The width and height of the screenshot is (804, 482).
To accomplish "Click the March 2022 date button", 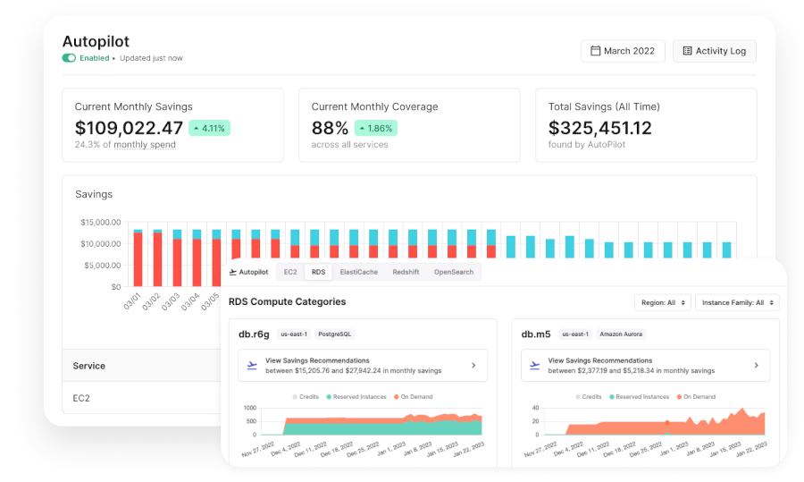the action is (623, 51).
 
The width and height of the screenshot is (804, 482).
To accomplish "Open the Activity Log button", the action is (715, 51).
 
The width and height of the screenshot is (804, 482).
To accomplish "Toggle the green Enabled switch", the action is (69, 58).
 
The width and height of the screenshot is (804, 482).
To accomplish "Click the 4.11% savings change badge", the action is (209, 128).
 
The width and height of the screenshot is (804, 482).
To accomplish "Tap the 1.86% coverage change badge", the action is (376, 128).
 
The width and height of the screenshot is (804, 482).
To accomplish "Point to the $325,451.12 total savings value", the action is (600, 128).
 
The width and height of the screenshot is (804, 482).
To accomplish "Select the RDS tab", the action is (318, 272).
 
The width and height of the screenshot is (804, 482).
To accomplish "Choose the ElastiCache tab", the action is (359, 272).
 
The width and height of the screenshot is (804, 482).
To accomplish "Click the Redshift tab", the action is (406, 272).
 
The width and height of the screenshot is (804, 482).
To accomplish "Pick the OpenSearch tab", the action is (454, 272).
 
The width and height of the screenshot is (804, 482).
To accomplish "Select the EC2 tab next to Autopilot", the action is (290, 272).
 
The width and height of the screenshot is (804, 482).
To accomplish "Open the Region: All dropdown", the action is (663, 303).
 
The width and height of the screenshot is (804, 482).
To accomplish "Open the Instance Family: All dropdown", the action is (737, 303).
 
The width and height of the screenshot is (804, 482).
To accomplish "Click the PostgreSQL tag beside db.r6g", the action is (335, 334).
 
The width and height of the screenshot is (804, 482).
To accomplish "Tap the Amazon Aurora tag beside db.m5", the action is (621, 334).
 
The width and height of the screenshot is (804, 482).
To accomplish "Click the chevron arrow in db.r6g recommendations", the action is (473, 366).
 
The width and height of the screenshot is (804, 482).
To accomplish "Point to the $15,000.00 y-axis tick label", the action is (100, 223).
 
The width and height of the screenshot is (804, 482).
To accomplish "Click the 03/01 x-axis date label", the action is (132, 301).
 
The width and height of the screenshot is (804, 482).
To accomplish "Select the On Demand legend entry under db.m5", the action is (696, 397).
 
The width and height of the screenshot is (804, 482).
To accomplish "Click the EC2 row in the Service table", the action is (81, 398).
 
